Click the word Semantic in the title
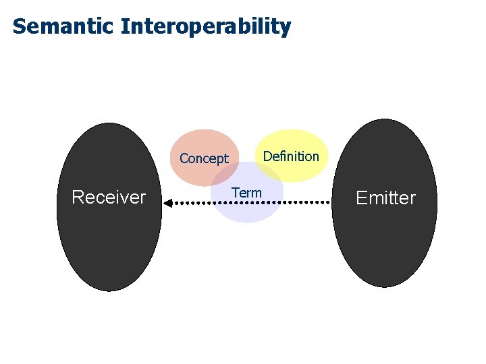click(63, 27)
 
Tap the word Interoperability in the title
click(206, 27)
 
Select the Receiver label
click(109, 198)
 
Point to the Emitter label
click(385, 198)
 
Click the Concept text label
click(204, 159)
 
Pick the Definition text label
click(291, 156)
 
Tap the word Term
click(246, 193)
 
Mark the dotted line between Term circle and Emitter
click(308, 202)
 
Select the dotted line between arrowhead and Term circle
click(192, 202)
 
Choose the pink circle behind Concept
click(196, 143)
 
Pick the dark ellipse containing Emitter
click(385, 249)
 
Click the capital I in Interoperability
click(125, 27)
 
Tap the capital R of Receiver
click(77, 198)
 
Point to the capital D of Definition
click(267, 156)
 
